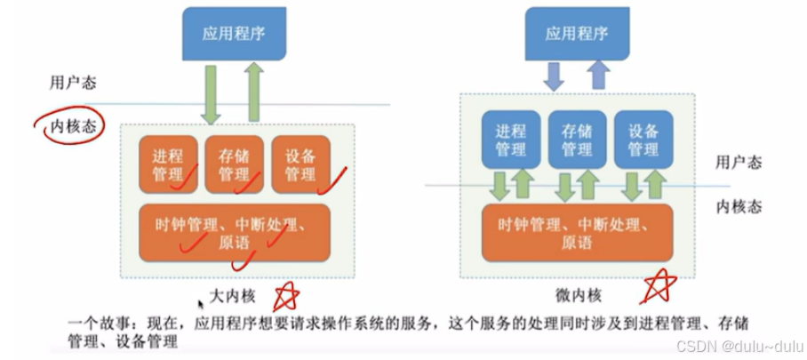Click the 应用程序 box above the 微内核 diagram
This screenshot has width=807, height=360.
(x=577, y=35)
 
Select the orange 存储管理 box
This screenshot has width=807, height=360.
(x=236, y=164)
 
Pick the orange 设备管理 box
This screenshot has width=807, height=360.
(x=300, y=164)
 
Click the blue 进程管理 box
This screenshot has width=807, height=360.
(x=510, y=140)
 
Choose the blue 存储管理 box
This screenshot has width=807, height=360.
(x=577, y=140)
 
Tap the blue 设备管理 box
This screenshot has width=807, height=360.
(x=643, y=140)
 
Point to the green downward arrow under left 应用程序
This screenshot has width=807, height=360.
(x=212, y=99)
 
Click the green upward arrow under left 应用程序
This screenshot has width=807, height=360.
(x=253, y=93)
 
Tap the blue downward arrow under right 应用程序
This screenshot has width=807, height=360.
(x=554, y=76)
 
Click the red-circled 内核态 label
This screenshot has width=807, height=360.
(x=70, y=127)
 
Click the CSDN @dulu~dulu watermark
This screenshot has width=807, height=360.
(x=737, y=345)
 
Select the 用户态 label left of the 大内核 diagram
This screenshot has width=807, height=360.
(x=72, y=84)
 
